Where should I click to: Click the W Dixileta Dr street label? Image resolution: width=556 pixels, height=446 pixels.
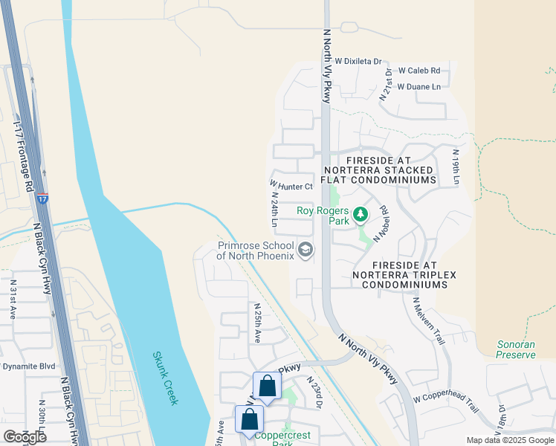coord(358,62)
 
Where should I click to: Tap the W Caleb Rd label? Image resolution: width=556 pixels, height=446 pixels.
coord(419,71)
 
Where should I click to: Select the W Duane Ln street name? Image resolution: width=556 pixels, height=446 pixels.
coord(418,87)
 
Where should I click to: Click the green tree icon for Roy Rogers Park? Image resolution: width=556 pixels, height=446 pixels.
coord(361,215)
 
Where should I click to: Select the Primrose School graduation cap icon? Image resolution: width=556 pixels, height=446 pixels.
coord(304,251)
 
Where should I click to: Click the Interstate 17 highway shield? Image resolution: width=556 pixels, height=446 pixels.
coord(42,198)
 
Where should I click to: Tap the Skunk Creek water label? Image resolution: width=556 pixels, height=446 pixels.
coord(167,378)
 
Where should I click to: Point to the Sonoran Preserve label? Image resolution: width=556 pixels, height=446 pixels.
coord(516,349)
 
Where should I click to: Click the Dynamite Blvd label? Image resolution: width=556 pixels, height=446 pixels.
coord(28,366)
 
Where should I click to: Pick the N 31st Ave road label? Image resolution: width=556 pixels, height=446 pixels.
coord(13,300)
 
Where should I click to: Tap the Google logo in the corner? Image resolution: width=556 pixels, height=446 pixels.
coord(25,436)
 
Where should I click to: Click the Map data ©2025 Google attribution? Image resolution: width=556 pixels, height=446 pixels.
coord(509,440)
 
